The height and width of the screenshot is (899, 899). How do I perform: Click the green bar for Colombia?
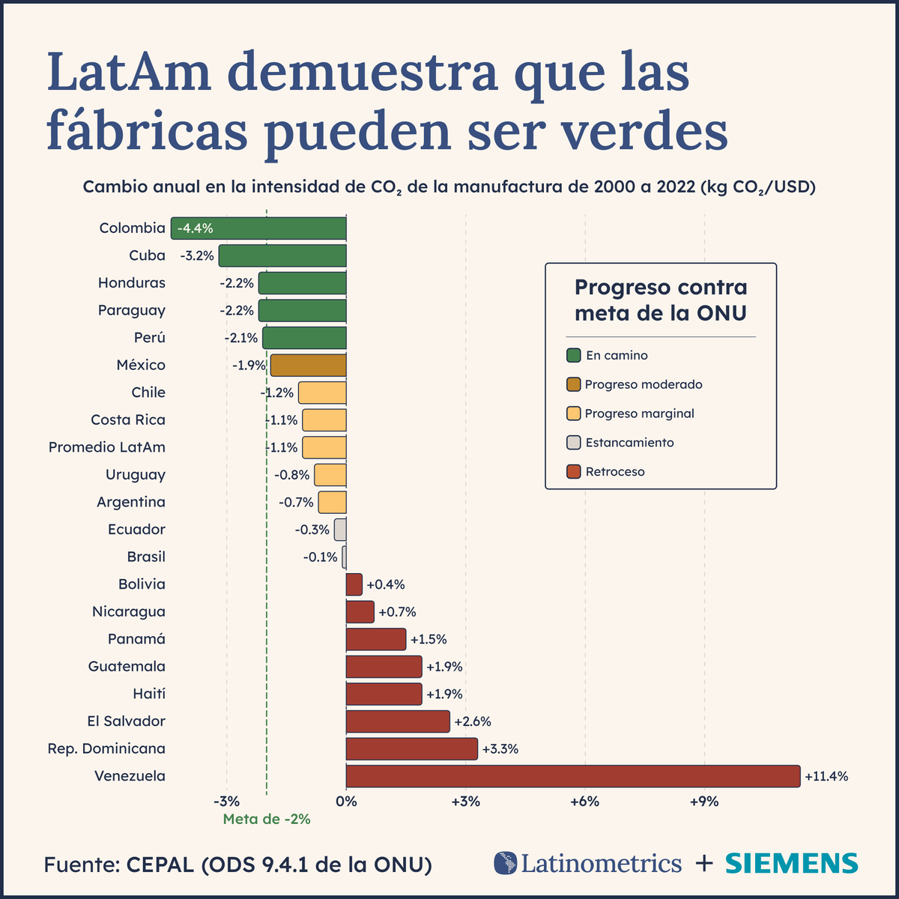click(x=258, y=228)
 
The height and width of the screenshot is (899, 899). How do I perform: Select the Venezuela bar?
click(x=573, y=776)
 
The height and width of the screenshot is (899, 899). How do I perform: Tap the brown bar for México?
click(x=309, y=366)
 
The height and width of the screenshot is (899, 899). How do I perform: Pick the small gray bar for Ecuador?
click(x=340, y=530)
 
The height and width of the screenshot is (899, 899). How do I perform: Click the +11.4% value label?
click(x=826, y=776)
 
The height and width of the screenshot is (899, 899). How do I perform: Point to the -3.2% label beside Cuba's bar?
click(x=197, y=255)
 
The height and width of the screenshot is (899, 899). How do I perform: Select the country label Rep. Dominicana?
click(x=106, y=748)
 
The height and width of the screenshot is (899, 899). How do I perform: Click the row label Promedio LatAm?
click(x=107, y=447)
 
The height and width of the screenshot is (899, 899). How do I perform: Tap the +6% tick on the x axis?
click(x=584, y=802)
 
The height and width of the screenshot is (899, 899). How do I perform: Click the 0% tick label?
click(x=346, y=802)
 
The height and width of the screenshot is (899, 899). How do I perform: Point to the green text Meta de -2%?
click(x=267, y=820)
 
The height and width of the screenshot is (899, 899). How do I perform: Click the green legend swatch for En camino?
click(x=574, y=355)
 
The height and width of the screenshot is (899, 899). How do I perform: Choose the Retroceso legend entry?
click(x=614, y=472)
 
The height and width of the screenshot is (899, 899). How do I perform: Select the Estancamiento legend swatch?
click(x=574, y=443)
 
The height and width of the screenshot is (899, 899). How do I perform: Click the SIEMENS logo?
click(x=792, y=863)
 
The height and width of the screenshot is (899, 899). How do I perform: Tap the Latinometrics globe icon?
click(x=506, y=863)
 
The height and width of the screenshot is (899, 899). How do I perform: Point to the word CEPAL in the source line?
click(x=160, y=865)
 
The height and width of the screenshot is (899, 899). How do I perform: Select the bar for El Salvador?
click(x=398, y=721)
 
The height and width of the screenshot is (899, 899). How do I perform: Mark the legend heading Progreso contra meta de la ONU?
click(x=661, y=300)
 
